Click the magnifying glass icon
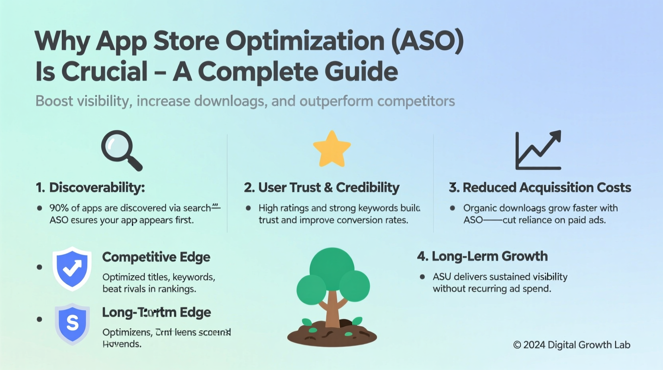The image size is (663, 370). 120,150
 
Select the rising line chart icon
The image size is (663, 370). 538,150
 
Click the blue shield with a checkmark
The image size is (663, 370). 72,268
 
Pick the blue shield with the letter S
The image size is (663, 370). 72,323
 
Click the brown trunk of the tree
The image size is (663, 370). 332,309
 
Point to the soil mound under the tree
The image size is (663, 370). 332,335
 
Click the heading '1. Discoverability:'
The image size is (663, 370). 90,187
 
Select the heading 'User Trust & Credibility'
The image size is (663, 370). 328,187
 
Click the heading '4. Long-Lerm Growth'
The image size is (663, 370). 482,256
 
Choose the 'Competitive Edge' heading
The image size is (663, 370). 156,257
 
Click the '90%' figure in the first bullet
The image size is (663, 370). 59,208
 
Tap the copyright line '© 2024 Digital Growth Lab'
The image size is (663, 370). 571,345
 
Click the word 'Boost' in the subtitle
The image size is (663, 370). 54,101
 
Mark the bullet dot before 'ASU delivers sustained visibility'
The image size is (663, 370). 422,277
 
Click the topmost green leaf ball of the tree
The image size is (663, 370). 331,265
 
